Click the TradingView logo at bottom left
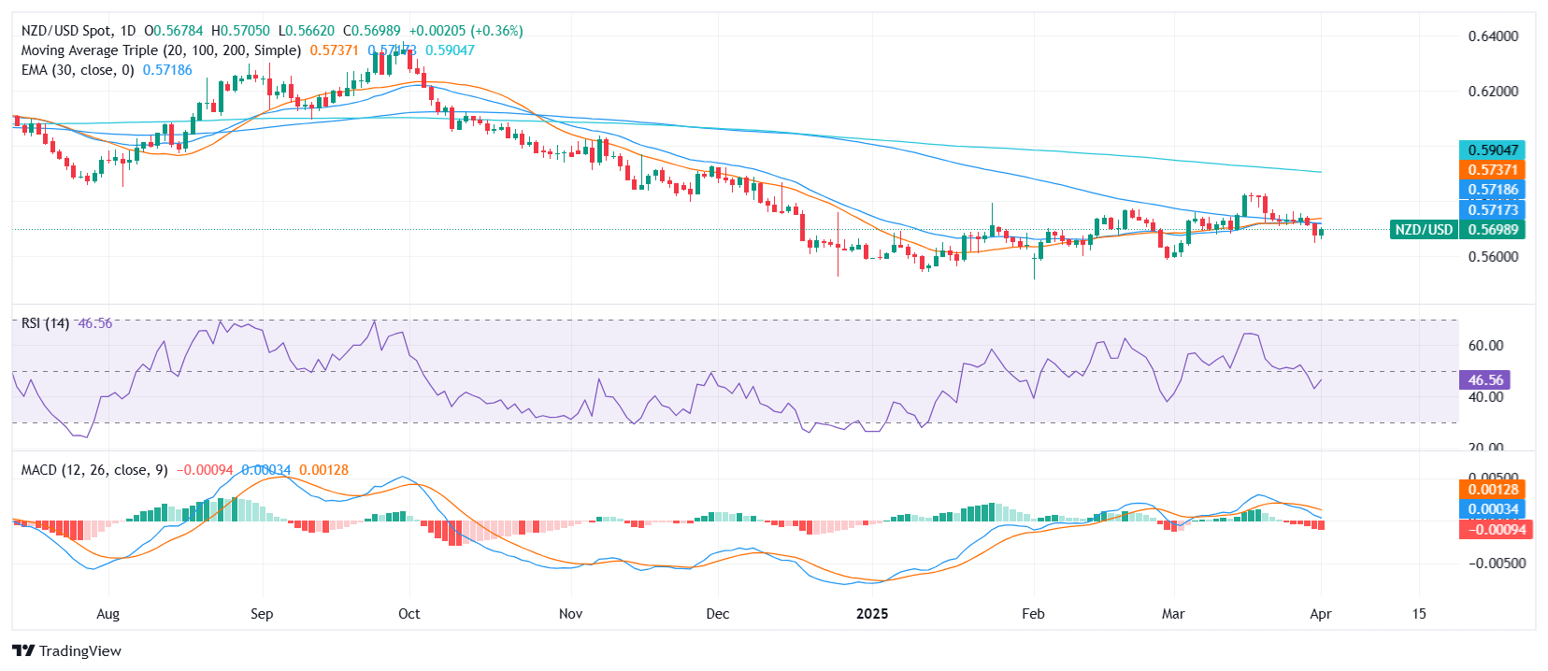66,650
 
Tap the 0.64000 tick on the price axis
1493,36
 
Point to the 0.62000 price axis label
1493,92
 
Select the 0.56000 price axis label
1493,256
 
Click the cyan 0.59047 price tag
1492,150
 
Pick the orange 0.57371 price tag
1492,170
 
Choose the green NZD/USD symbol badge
1423,230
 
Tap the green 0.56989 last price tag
1492,230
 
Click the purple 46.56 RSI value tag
1484,380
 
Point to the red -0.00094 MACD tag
1492,530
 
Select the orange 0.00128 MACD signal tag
1492,490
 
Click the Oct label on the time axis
408,614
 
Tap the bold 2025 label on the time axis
872,614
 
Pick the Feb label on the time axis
1033,614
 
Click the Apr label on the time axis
1320,614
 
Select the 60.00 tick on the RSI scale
1485,346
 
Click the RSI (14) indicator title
45,323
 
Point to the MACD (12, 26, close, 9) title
94,470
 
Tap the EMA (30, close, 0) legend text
78,70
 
